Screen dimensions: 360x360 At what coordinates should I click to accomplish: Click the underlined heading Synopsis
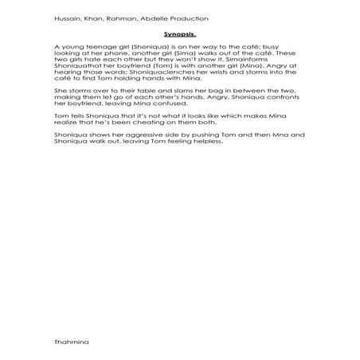pyautogui.click(x=180, y=35)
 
